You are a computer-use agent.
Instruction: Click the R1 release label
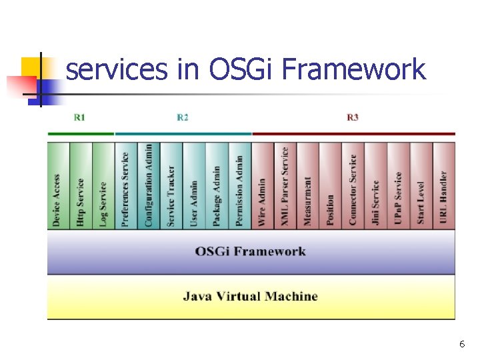(x=79, y=117)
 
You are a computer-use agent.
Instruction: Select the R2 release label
(x=183, y=117)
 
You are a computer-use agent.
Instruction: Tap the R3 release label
(x=353, y=117)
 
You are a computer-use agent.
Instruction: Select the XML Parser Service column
(x=285, y=186)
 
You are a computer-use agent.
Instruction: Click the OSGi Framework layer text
(x=251, y=251)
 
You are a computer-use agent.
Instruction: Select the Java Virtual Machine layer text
(x=251, y=296)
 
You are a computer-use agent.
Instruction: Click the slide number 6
(x=461, y=344)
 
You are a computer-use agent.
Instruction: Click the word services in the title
(x=117, y=69)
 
